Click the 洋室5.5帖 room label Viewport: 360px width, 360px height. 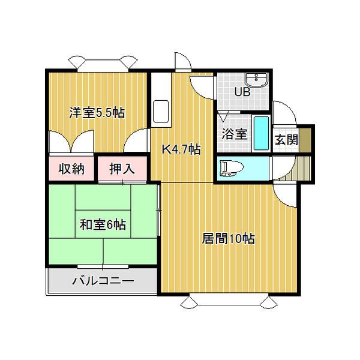97,112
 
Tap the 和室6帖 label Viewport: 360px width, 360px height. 103,225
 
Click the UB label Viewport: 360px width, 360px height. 242,92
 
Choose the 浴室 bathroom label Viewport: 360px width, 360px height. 234,134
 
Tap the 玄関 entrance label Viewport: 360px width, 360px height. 286,140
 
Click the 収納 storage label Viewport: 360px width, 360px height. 71,169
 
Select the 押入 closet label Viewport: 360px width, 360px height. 122,169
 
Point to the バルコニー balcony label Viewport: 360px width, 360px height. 103,280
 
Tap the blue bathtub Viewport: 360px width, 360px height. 261,134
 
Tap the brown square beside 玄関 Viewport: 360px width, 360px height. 306,140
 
